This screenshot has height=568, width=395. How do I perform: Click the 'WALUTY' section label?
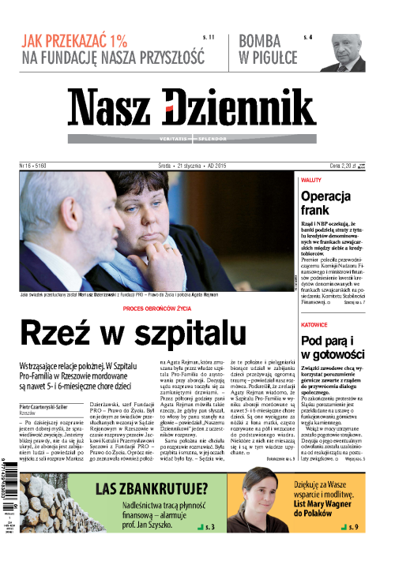pyautogui.click(x=310, y=181)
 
